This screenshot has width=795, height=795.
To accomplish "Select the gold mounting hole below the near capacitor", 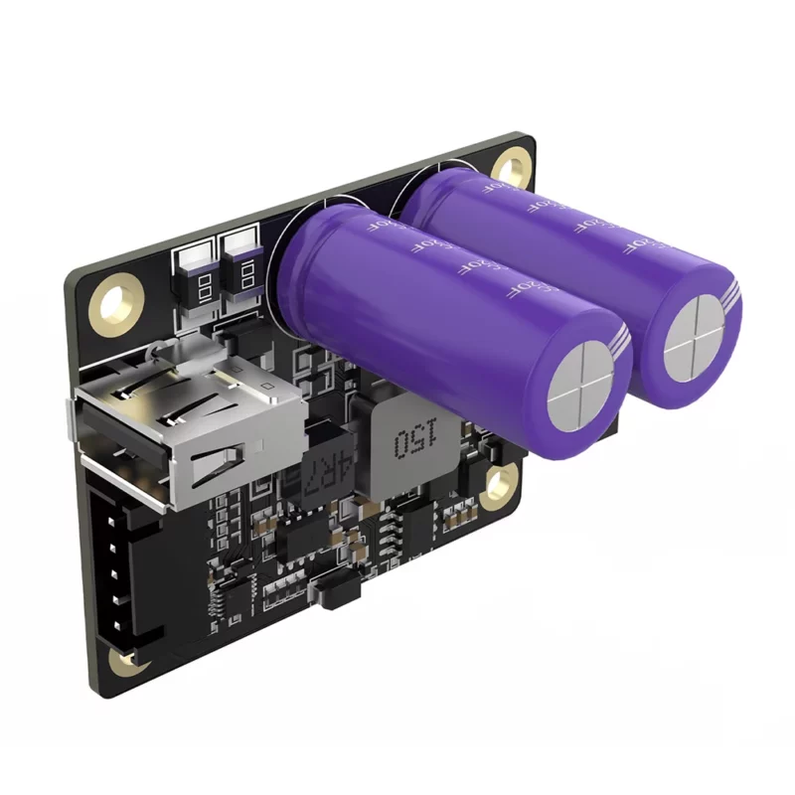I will pyautogui.click(x=498, y=486).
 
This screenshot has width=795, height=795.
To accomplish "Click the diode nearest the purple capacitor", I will pyautogui.click(x=243, y=263).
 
